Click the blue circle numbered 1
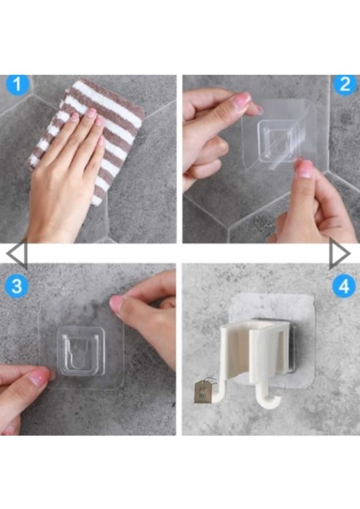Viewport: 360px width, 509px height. (18, 84)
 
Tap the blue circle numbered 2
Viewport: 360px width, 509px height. (345, 84)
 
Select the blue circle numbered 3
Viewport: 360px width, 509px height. (17, 286)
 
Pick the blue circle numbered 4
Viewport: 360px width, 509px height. (344, 287)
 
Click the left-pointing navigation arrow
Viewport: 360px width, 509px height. (16, 254)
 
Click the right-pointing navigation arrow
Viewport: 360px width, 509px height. (340, 254)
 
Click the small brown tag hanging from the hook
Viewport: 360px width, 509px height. (202, 392)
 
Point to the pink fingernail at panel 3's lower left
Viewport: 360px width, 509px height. (39, 378)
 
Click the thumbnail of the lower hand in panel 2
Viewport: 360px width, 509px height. (305, 169)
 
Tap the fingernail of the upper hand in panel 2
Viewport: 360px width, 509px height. (245, 98)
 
